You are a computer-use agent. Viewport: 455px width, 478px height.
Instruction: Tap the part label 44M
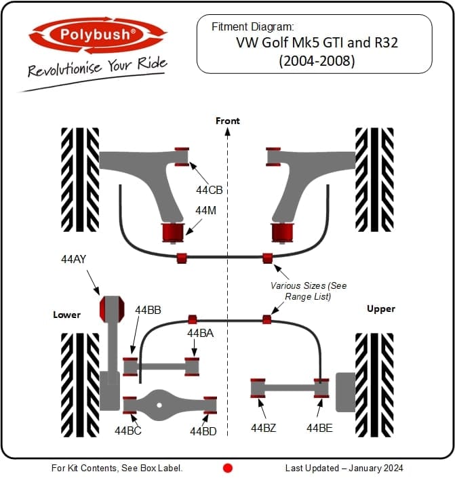click(x=206, y=211)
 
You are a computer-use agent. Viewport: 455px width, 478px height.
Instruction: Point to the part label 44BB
click(x=148, y=310)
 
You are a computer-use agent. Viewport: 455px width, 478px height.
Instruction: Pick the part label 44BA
click(x=201, y=333)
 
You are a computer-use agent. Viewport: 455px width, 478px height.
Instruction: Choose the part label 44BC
click(x=128, y=431)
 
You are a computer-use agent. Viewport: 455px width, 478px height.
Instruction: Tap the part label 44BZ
click(x=264, y=429)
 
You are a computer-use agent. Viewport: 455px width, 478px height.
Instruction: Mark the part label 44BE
click(x=319, y=429)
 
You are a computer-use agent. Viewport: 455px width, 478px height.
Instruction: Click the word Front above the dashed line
click(x=228, y=121)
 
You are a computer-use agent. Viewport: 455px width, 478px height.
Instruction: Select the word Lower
click(x=67, y=315)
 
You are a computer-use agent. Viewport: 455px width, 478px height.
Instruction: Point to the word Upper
click(x=381, y=309)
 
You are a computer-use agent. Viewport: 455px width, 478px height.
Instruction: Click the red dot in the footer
click(x=228, y=468)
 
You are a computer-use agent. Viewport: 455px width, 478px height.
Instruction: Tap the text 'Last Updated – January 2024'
click(x=344, y=468)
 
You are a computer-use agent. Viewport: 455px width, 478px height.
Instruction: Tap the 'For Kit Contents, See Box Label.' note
click(x=117, y=468)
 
